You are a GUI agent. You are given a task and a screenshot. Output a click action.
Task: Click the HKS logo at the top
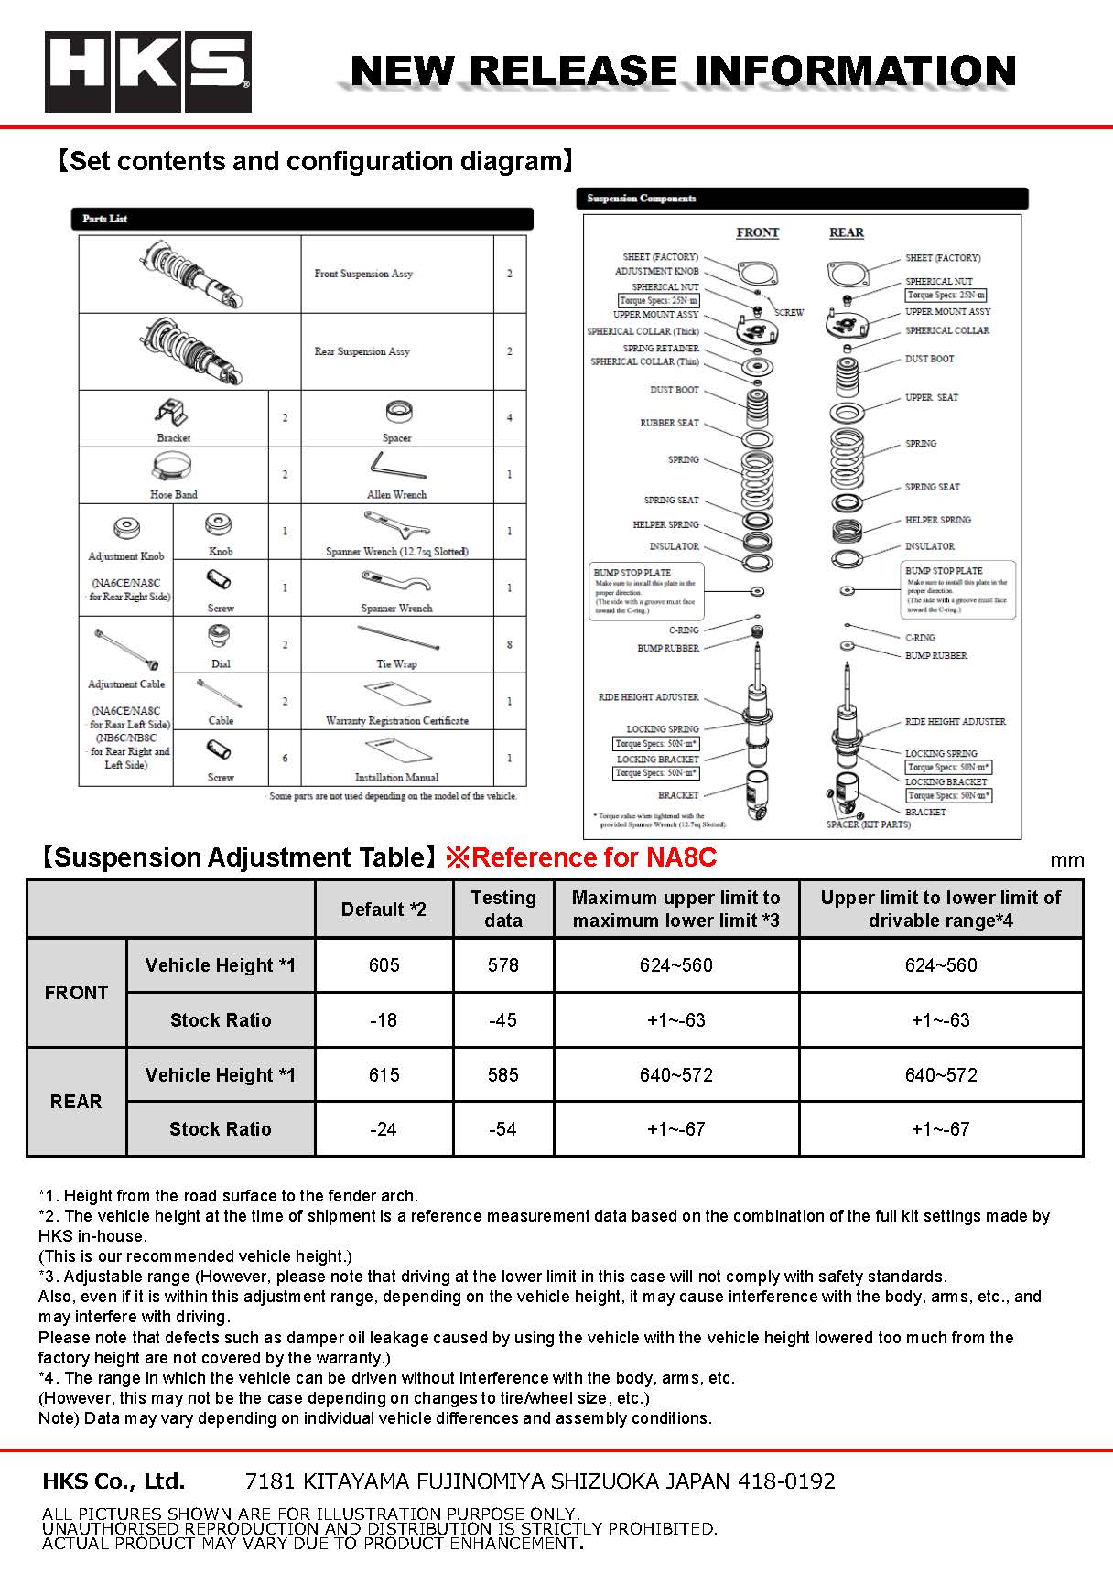coord(147,72)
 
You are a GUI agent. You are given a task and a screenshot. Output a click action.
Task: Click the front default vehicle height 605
coord(384,965)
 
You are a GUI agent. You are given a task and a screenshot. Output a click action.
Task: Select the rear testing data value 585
coord(502,1075)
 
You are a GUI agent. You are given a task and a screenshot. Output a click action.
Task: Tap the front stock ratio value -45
coord(502,1020)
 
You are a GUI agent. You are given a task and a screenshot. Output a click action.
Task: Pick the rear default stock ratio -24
coord(384,1129)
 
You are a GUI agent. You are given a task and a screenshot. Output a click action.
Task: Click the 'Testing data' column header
coord(502,909)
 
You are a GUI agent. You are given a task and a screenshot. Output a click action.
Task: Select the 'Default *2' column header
coord(384,909)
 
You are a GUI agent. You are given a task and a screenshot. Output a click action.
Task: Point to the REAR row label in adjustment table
coord(76,1102)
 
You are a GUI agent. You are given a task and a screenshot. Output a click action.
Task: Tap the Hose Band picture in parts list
coord(172,469)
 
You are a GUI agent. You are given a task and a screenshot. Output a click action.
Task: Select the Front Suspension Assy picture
coord(190,273)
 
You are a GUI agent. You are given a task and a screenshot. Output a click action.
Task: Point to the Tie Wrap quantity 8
coord(510,644)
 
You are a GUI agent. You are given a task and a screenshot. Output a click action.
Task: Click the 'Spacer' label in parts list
coord(396,438)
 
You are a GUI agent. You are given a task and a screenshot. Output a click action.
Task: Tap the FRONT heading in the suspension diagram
coord(757,232)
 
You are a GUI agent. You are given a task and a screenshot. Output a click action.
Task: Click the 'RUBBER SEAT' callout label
coord(669,423)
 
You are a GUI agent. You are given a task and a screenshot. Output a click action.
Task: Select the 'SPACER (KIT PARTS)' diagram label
coord(868,824)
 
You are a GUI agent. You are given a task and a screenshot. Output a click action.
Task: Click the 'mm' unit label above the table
coord(1066,860)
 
